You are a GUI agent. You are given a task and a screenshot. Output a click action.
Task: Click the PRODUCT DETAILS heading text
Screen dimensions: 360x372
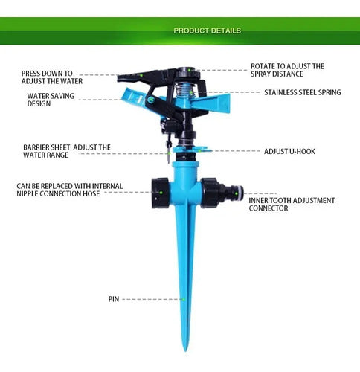[207, 31]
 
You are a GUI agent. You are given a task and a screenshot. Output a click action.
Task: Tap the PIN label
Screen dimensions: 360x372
[114, 299]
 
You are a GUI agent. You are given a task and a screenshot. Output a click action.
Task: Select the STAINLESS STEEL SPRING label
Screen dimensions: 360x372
[303, 92]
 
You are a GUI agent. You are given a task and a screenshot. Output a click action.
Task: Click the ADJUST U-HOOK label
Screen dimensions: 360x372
[289, 151]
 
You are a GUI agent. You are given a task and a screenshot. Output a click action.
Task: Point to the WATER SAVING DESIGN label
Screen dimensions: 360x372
[51, 100]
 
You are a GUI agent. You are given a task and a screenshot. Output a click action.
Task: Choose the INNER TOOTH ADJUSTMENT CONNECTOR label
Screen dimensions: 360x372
[292, 204]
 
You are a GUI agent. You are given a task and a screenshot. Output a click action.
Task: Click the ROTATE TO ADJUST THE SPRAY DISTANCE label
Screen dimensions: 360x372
[287, 70]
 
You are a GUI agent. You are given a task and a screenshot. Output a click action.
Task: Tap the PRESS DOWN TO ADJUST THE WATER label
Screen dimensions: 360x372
[52, 77]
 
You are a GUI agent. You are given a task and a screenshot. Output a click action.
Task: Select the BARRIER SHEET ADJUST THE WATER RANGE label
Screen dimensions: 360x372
[67, 151]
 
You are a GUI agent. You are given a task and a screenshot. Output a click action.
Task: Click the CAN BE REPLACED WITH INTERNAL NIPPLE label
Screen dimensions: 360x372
[70, 190]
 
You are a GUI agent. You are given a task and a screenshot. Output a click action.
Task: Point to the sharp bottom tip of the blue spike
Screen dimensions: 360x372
[185, 351]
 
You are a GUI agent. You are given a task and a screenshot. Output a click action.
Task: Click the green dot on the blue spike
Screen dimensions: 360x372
[184, 300]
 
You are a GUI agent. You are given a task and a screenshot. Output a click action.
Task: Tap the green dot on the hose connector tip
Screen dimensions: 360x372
[237, 193]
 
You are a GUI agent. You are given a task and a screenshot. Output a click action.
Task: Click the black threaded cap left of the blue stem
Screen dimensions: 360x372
[161, 193]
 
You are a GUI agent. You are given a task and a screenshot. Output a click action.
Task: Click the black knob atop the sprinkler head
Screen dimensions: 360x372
[188, 73]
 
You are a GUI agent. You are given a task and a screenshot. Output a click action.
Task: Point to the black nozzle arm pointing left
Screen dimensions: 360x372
[140, 77]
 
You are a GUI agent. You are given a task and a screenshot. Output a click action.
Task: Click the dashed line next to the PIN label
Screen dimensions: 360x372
[152, 299]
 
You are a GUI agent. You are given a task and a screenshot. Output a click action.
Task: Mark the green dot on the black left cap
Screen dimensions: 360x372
[161, 193]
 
